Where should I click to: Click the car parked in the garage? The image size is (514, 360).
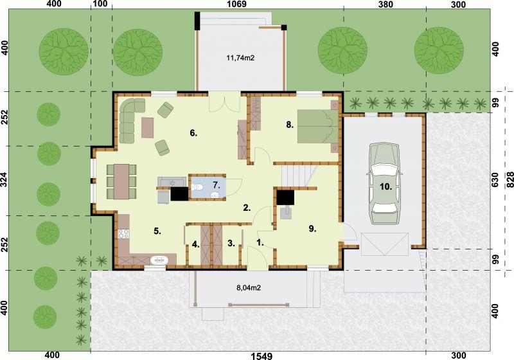coord(384,184)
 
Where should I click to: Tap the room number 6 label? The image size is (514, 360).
coord(193,133)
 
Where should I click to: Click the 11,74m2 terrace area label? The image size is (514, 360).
coord(240,59)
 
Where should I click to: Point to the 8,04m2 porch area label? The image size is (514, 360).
coord(249,288)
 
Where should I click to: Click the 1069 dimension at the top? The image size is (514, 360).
coord(236,4)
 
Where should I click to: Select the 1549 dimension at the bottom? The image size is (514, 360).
coord(261,355)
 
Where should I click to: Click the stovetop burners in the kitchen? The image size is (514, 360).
coord(123,233)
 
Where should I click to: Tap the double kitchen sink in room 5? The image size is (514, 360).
coord(159,260)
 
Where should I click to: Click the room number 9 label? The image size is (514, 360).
coord(312,229)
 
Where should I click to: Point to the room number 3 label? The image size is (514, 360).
coord(231,243)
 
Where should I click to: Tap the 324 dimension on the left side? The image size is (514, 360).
coord(4,181)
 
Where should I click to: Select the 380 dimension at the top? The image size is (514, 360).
coord(385,4)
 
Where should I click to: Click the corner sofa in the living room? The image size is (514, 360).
coord(130,120)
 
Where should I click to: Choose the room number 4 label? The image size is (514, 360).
coord(195,244)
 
